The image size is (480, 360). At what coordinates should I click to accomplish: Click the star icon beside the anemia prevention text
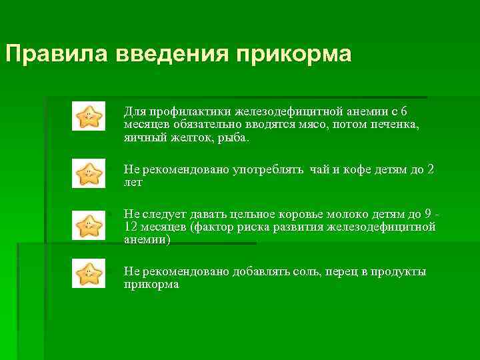[89, 116]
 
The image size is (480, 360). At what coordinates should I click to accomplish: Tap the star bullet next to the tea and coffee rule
[89, 173]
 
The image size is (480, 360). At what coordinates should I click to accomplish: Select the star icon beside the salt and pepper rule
[89, 273]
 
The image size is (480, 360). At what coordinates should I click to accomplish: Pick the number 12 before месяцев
[131, 227]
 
